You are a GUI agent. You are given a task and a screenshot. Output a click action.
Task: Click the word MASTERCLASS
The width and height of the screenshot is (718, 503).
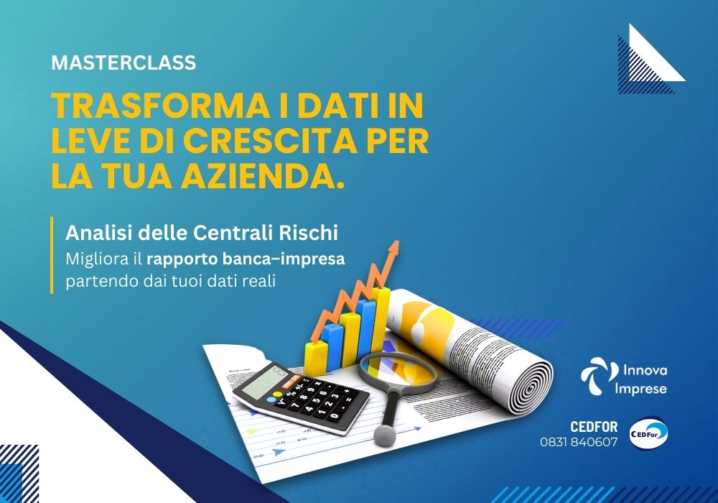[x=123, y=63]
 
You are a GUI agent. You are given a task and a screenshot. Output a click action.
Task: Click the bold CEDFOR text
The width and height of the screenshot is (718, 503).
[x=592, y=426]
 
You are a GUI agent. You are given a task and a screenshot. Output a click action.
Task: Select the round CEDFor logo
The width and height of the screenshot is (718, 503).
[x=648, y=433]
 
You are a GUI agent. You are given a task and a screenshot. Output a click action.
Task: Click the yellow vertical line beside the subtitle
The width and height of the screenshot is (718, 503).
[x=52, y=256]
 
